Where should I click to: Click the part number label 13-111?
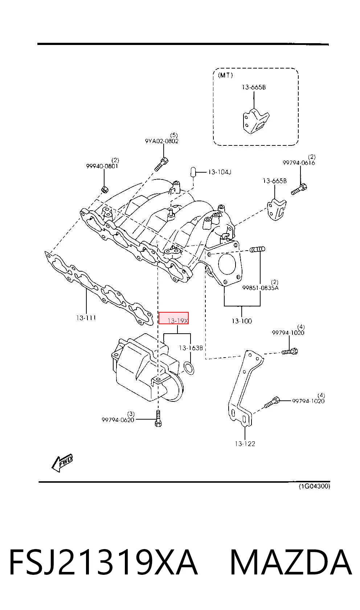point(86,318)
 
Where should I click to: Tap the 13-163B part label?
point(191,348)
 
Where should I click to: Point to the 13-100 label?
point(242,321)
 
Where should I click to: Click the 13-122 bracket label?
point(245,444)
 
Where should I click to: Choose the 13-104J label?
point(220,172)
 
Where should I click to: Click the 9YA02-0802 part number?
point(161,141)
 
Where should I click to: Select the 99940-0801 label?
point(102,166)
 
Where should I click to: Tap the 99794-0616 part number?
point(299,163)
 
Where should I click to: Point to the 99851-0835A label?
point(261,288)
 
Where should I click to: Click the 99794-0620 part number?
point(118,420)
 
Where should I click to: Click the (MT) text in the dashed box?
point(225,75)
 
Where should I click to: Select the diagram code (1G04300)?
point(314,486)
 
